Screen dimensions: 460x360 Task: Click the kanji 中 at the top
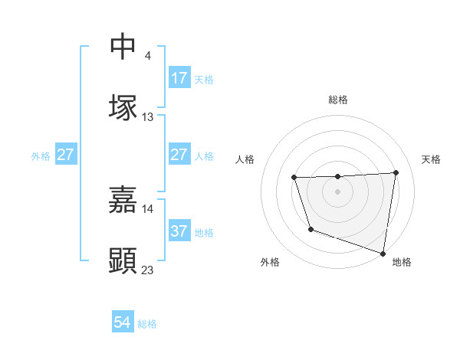(x=123, y=47)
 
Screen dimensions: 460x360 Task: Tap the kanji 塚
(x=123, y=106)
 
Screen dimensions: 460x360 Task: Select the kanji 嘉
(x=123, y=199)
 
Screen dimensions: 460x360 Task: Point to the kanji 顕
(x=123, y=260)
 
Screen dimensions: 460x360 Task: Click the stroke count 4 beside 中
(x=147, y=55)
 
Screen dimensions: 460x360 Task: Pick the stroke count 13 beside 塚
(x=148, y=116)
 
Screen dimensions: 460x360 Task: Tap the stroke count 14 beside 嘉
(x=148, y=208)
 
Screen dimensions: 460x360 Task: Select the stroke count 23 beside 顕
(x=148, y=270)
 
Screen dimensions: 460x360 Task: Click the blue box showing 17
(x=179, y=78)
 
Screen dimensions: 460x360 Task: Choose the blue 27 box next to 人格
(x=179, y=155)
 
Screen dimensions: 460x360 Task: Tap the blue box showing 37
(x=179, y=231)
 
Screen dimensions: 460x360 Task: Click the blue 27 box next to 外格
(x=65, y=155)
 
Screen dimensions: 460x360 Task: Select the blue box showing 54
(x=123, y=323)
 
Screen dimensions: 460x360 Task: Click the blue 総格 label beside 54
(x=147, y=324)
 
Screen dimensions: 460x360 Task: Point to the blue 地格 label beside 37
(x=204, y=232)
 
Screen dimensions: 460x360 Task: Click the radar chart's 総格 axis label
(x=338, y=100)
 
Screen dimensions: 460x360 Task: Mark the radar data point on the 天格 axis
(x=396, y=172)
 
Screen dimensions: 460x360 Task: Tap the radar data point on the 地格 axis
(x=383, y=253)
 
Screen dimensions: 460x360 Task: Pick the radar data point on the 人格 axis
(x=294, y=178)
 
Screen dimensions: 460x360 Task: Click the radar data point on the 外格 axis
(x=310, y=229)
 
